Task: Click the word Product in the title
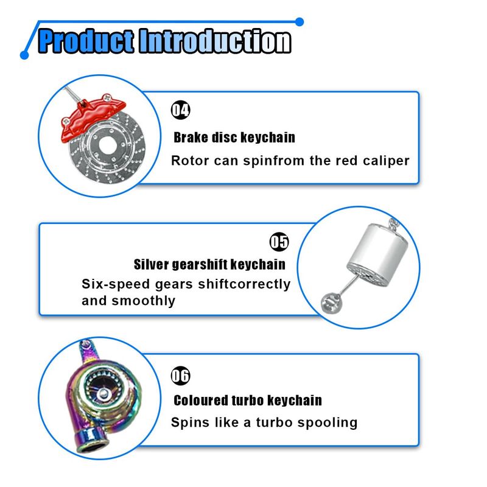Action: click(x=86, y=41)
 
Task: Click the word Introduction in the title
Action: click(x=215, y=41)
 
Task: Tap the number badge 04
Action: click(x=180, y=110)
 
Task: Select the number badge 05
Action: click(x=279, y=242)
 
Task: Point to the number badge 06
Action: click(x=180, y=376)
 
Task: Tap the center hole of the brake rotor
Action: click(x=108, y=145)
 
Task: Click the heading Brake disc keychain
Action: click(x=234, y=138)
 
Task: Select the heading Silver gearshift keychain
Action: click(x=209, y=265)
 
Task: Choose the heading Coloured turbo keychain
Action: click(x=248, y=401)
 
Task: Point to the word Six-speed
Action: click(x=116, y=284)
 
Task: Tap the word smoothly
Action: click(x=144, y=301)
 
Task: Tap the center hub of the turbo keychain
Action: click(x=102, y=394)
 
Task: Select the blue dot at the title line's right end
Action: click(x=300, y=22)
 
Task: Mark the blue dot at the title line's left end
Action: click(x=24, y=55)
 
